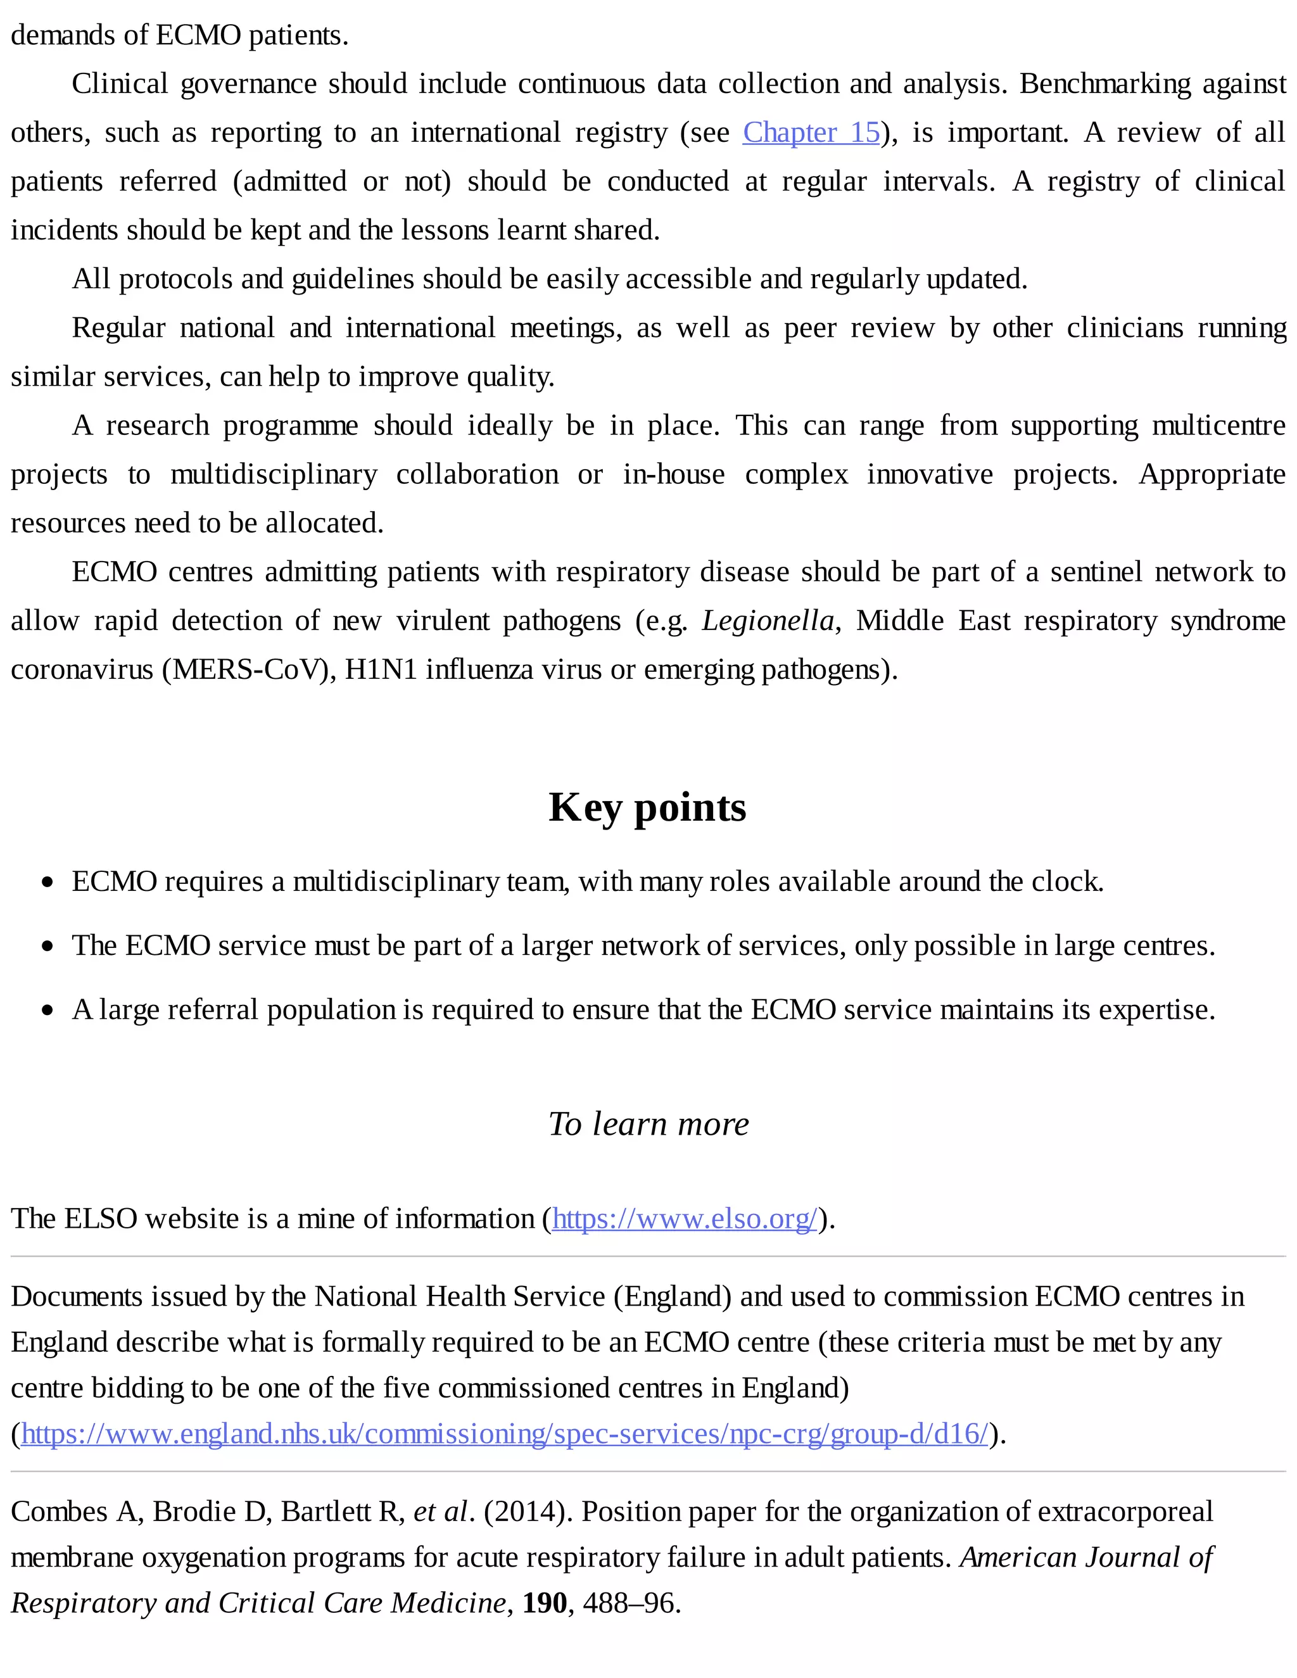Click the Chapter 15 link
811,132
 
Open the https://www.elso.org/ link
684,1218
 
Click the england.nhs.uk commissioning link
504,1434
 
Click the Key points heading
647,807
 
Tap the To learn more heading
648,1123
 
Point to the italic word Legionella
768,621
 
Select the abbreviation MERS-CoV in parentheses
248,670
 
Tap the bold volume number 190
544,1603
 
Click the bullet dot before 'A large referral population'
48,1011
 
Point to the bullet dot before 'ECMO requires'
48,882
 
